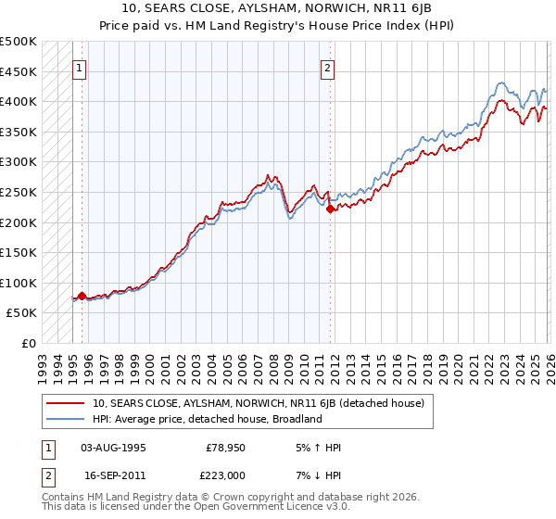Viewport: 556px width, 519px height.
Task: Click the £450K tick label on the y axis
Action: pos(19,71)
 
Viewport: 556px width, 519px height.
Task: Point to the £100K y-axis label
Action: pos(19,283)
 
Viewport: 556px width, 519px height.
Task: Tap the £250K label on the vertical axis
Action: pos(19,192)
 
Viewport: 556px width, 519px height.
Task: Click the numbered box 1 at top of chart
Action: pos(79,68)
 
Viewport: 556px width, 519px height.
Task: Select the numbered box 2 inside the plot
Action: pos(328,68)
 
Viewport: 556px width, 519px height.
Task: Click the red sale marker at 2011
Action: pos(330,209)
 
